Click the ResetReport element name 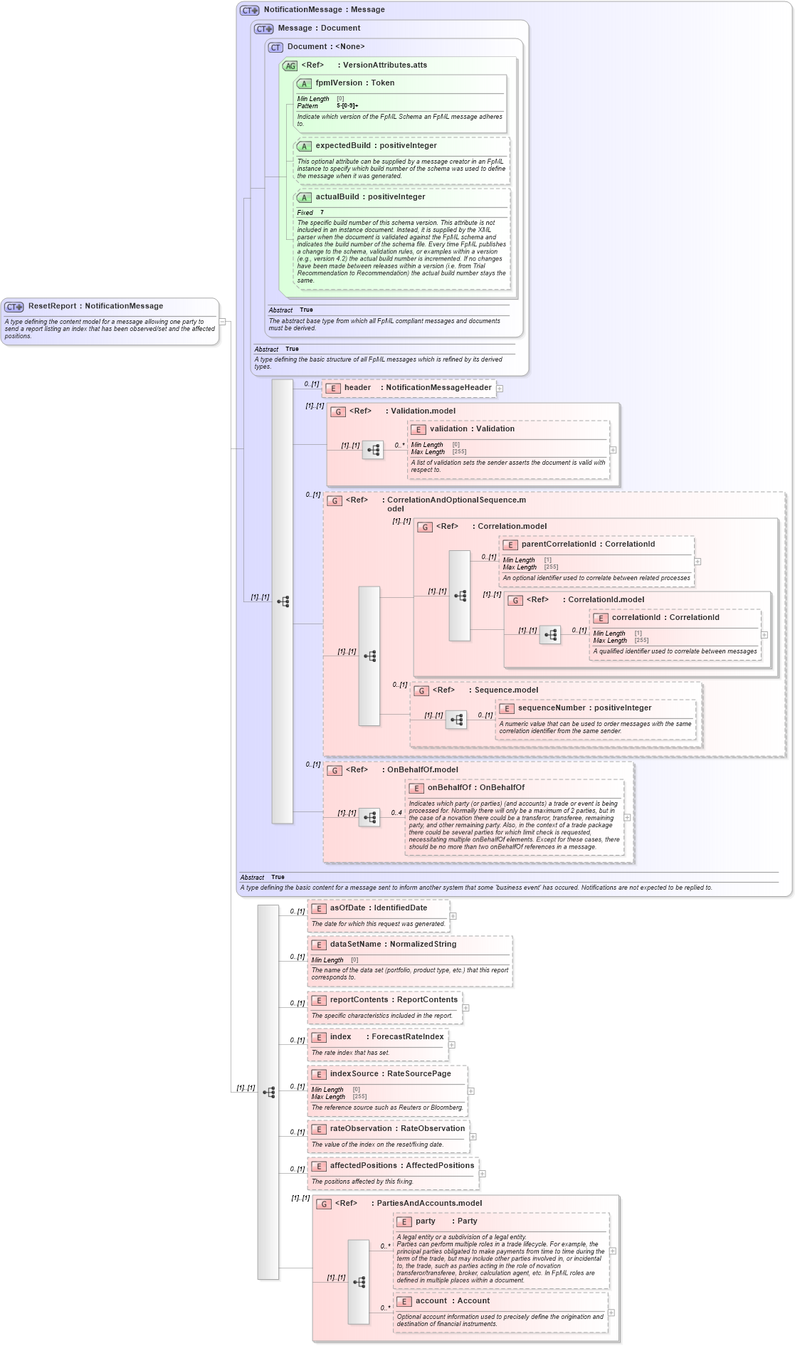(x=52, y=306)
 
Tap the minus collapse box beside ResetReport (x=222, y=322)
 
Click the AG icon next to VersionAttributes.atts (x=290, y=65)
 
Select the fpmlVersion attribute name (x=339, y=83)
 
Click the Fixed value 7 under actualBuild (x=322, y=213)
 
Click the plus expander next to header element (x=500, y=389)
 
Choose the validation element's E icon (x=418, y=429)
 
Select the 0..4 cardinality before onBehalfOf (x=396, y=813)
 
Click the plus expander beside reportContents (x=465, y=1008)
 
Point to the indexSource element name (x=354, y=1074)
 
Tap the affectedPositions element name (x=363, y=1166)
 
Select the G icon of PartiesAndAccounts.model (x=324, y=1204)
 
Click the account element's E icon (x=404, y=1302)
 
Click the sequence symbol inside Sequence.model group (x=456, y=720)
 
